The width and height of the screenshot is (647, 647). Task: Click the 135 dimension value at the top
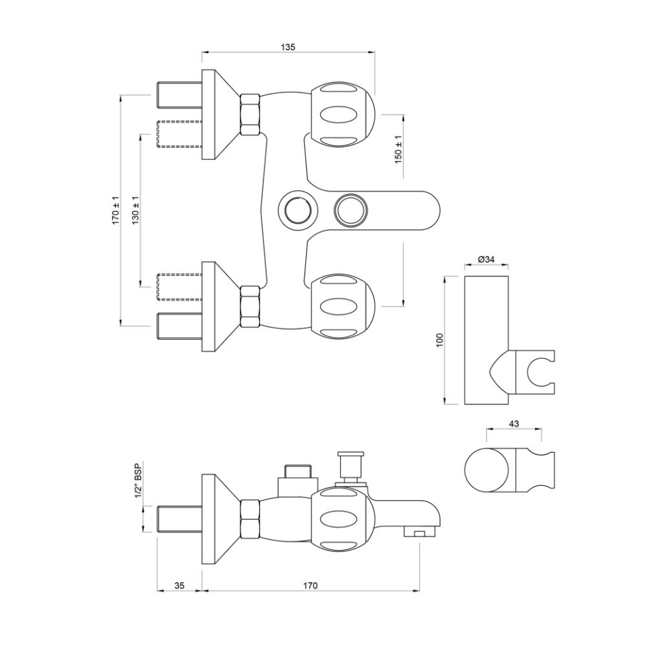coord(288,47)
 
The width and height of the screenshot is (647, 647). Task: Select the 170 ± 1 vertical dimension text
coord(116,210)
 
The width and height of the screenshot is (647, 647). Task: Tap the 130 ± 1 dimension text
coord(135,210)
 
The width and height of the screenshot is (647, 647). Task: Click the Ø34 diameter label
coord(486,259)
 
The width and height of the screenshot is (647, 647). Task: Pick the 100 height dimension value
coord(439,340)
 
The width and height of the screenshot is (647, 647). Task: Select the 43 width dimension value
coord(513,423)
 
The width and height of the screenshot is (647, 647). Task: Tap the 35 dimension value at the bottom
coord(179,586)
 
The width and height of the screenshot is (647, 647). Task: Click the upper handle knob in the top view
coord(342,113)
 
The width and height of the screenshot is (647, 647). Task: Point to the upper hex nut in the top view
coord(250,114)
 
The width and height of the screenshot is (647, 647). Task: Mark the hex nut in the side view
coord(250,518)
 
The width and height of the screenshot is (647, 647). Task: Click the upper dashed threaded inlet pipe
coord(179,133)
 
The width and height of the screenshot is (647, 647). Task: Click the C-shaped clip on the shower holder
coord(538,371)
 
